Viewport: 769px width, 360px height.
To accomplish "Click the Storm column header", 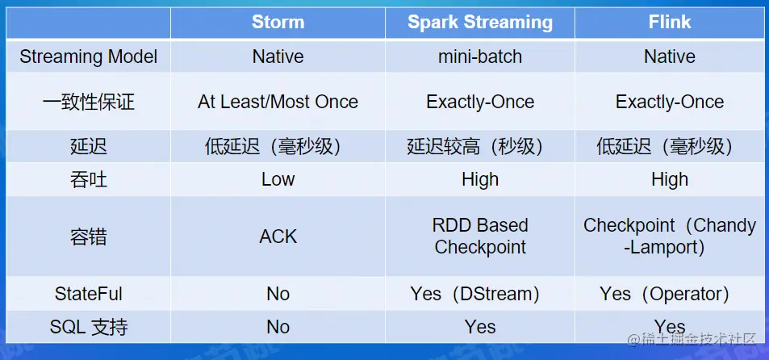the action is [278, 22].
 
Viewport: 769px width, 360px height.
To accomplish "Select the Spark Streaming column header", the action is [480, 23].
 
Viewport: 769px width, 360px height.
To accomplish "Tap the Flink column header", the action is [670, 22].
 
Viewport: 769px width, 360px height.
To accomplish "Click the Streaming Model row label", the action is [88, 57].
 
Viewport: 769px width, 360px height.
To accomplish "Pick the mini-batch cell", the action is [480, 57].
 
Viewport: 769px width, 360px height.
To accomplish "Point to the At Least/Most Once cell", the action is [278, 102].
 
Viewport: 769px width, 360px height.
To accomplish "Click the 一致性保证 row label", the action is [88, 102].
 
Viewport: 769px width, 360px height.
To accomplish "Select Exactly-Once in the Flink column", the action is [670, 102].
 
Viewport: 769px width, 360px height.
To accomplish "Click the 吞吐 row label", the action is [88, 179].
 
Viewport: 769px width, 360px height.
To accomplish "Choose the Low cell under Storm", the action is [278, 179].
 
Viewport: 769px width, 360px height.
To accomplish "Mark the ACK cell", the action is [278, 237].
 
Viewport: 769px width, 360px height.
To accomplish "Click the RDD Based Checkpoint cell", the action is [480, 236].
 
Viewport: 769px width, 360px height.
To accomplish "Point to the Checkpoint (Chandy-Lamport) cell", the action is [670, 236].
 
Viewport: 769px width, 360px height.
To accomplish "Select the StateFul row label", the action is [88, 294].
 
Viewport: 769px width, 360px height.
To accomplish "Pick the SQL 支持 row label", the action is [88, 327].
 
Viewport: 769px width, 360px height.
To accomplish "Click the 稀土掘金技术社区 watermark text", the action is [692, 339].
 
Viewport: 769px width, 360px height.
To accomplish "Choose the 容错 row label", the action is [88, 237].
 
